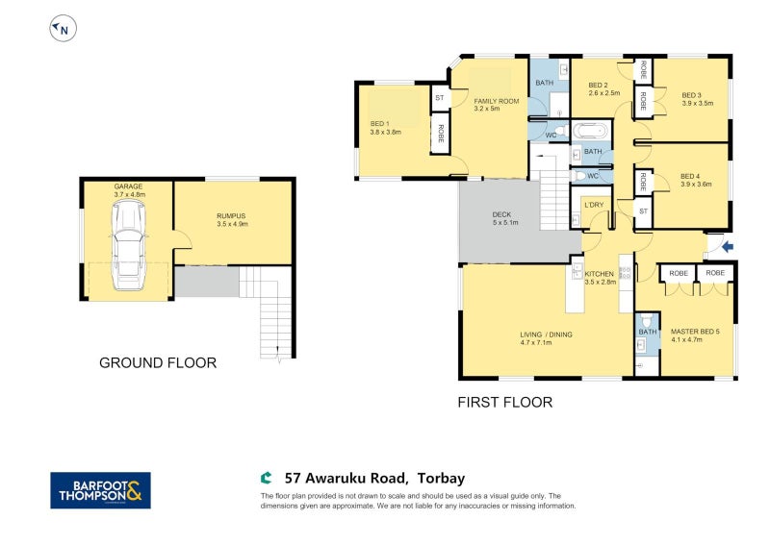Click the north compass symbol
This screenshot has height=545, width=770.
(64, 29)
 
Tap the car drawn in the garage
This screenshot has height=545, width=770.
(128, 245)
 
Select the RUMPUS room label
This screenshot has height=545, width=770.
(231, 216)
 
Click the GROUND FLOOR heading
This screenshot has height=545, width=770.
(158, 363)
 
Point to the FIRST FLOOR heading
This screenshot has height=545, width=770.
(504, 402)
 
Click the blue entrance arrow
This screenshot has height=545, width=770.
(728, 247)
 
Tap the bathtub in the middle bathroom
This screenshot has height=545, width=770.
(591, 131)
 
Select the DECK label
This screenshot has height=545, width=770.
(501, 214)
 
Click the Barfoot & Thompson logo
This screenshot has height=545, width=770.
(101, 490)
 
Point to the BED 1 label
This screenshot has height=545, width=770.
(379, 124)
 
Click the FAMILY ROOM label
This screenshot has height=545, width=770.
(497, 101)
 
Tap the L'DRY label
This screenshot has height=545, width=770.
(594, 205)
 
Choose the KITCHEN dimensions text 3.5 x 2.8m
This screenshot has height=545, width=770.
(600, 282)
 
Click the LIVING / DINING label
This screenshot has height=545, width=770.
(546, 334)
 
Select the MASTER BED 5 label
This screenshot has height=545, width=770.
(695, 332)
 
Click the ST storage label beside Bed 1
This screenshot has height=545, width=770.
(440, 98)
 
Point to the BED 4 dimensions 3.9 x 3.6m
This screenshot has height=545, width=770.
(696, 185)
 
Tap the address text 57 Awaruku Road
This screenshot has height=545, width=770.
(346, 478)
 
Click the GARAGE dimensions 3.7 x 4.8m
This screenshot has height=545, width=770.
(130, 195)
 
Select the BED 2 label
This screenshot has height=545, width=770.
(598, 86)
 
